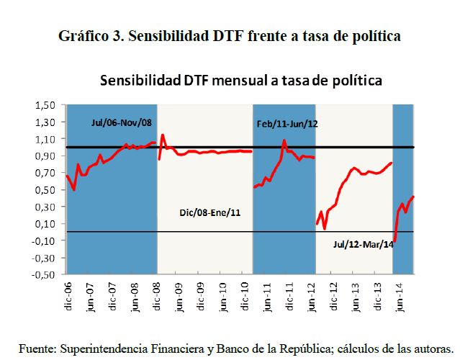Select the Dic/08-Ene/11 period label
click(x=209, y=214)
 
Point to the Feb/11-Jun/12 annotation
click(x=287, y=124)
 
